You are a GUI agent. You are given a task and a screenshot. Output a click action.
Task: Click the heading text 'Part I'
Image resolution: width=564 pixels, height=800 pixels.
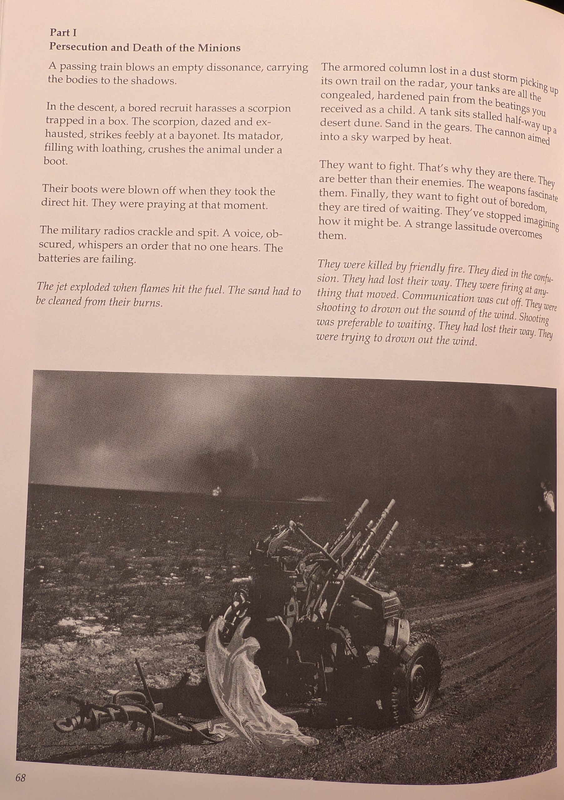[63, 33]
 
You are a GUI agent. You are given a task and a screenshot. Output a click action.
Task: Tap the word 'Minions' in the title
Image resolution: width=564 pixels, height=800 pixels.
[219, 48]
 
